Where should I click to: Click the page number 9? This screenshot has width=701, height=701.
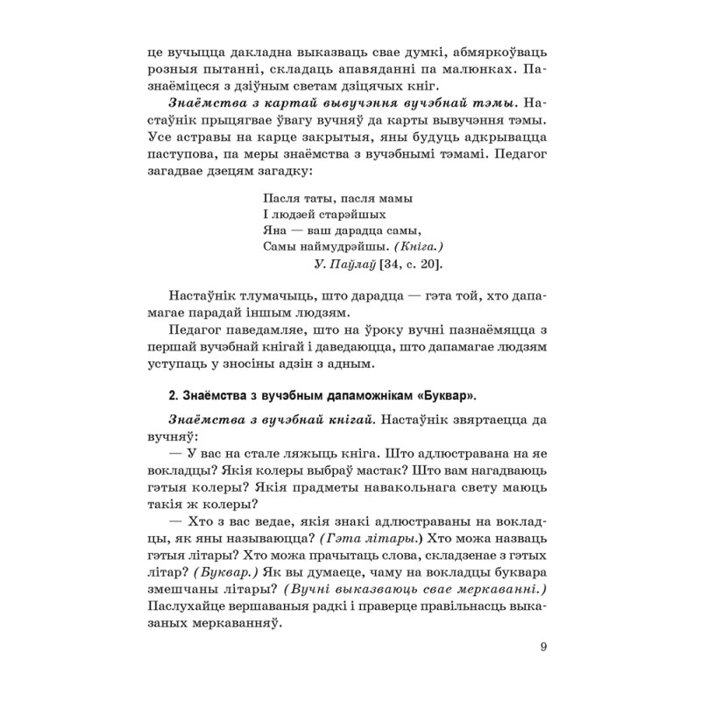pos(544,648)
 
